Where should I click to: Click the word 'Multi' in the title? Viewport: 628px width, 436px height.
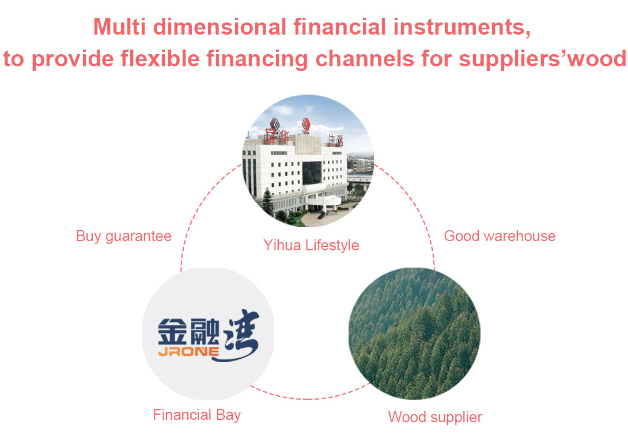pos(119,27)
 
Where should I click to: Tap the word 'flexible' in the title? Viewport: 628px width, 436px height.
pos(160,58)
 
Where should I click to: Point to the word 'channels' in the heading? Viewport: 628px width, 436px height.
pos(365,58)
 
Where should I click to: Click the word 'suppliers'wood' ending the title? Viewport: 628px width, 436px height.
pos(542,59)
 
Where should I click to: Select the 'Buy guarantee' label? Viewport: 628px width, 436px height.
pos(124,236)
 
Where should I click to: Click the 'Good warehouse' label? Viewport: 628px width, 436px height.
pos(500,236)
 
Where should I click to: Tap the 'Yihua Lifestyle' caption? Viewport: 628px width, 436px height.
pos(311,245)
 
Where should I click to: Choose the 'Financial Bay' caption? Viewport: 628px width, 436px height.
pos(197,415)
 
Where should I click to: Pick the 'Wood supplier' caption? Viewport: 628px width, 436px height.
pos(435,417)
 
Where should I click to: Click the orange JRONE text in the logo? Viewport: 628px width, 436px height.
pos(188,352)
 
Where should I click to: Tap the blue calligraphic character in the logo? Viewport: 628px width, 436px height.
pos(241,335)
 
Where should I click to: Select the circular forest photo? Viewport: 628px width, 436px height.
pos(414,333)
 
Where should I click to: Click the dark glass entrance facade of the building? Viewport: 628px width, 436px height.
pos(312,172)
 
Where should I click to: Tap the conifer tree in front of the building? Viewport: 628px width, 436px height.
pos(268,202)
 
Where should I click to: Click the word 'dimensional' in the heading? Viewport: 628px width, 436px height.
pos(220,27)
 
